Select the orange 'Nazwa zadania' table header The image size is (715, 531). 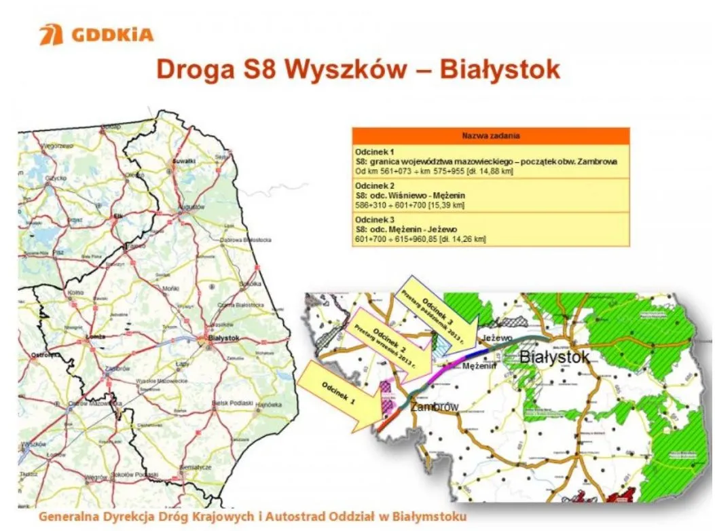[x=490, y=136]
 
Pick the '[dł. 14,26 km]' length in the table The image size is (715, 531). [x=464, y=239]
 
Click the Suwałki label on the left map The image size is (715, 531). [x=184, y=161]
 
